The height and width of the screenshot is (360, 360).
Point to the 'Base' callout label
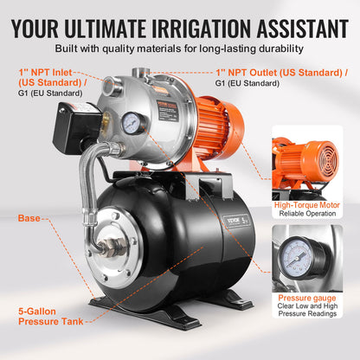(x=29, y=218)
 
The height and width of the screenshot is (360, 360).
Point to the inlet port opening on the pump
(x=112, y=87)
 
